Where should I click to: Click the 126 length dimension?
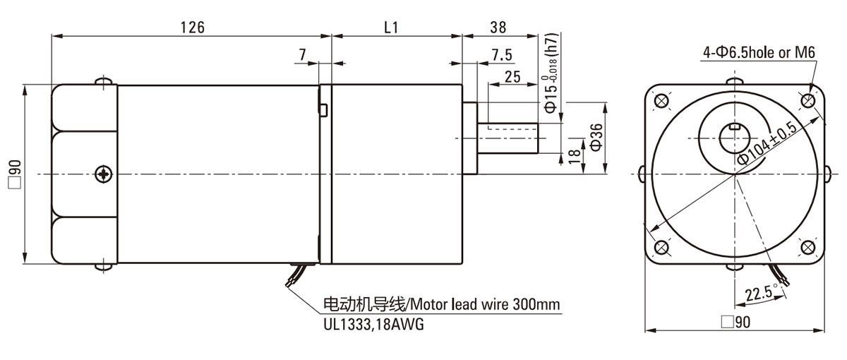(192, 27)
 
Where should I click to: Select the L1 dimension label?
(392, 27)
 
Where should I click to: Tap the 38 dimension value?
(498, 27)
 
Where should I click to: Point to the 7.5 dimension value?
(502, 55)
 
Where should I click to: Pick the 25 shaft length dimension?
(513, 76)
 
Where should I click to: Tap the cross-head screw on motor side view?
(104, 174)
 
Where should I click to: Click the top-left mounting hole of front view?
(662, 101)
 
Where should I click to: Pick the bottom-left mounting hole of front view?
(662, 248)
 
